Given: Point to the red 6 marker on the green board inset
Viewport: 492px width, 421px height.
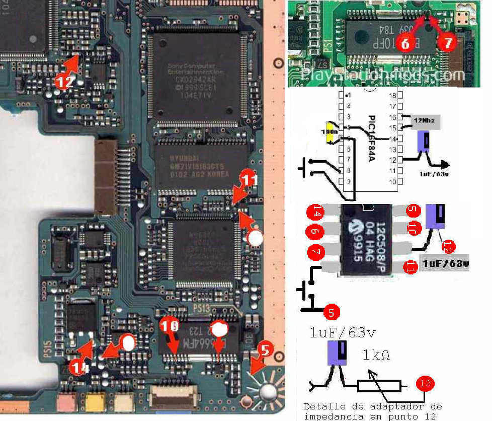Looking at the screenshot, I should pyautogui.click(x=405, y=44).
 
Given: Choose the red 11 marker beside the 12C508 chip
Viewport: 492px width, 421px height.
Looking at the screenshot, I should pyautogui.click(x=410, y=269).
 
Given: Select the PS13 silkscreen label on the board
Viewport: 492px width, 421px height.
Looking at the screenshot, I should pyautogui.click(x=201, y=308).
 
